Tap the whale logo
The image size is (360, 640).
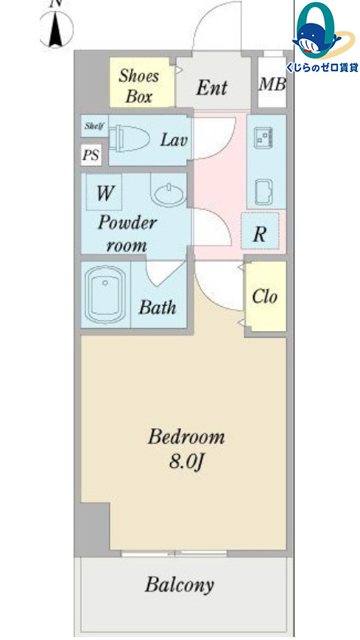click(x=317, y=40)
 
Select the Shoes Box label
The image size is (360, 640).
click(x=139, y=86)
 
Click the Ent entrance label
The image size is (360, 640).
click(x=212, y=88)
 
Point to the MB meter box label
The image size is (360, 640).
click(x=272, y=84)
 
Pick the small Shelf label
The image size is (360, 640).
click(x=94, y=126)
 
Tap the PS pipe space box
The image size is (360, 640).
click(x=91, y=155)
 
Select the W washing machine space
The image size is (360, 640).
click(x=105, y=192)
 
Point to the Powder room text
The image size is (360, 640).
click(x=127, y=234)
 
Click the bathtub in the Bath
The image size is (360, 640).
click(x=105, y=294)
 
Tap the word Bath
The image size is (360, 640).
click(x=158, y=307)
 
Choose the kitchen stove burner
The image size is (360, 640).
click(x=263, y=137)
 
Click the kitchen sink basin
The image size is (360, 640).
click(x=264, y=192)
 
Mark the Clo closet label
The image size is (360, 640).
click(x=264, y=296)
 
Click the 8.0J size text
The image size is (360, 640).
click(x=186, y=462)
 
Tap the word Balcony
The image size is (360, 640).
click(x=180, y=586)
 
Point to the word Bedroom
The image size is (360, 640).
click(x=186, y=437)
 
